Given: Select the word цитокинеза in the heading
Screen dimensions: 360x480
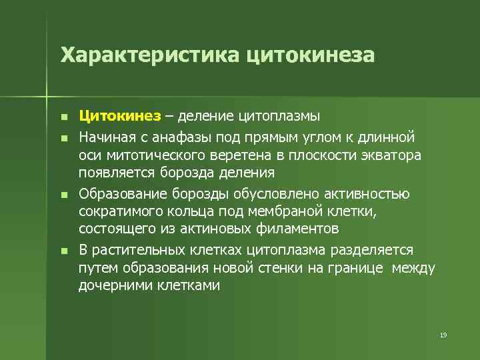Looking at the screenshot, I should pyautogui.click(x=311, y=55).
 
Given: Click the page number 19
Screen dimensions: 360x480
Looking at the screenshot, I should pyautogui.click(x=443, y=334).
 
